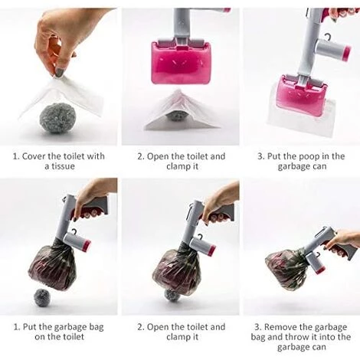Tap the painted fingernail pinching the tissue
point(60,72)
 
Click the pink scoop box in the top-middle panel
point(181,62)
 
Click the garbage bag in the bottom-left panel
point(51,267)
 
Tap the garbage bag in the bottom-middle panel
point(176,270)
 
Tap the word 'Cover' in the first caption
point(34,156)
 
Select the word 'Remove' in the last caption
point(280,327)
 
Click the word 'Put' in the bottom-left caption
point(30,327)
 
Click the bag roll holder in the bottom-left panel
point(77,241)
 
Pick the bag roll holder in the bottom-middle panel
point(203,244)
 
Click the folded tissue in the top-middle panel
point(181,110)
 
